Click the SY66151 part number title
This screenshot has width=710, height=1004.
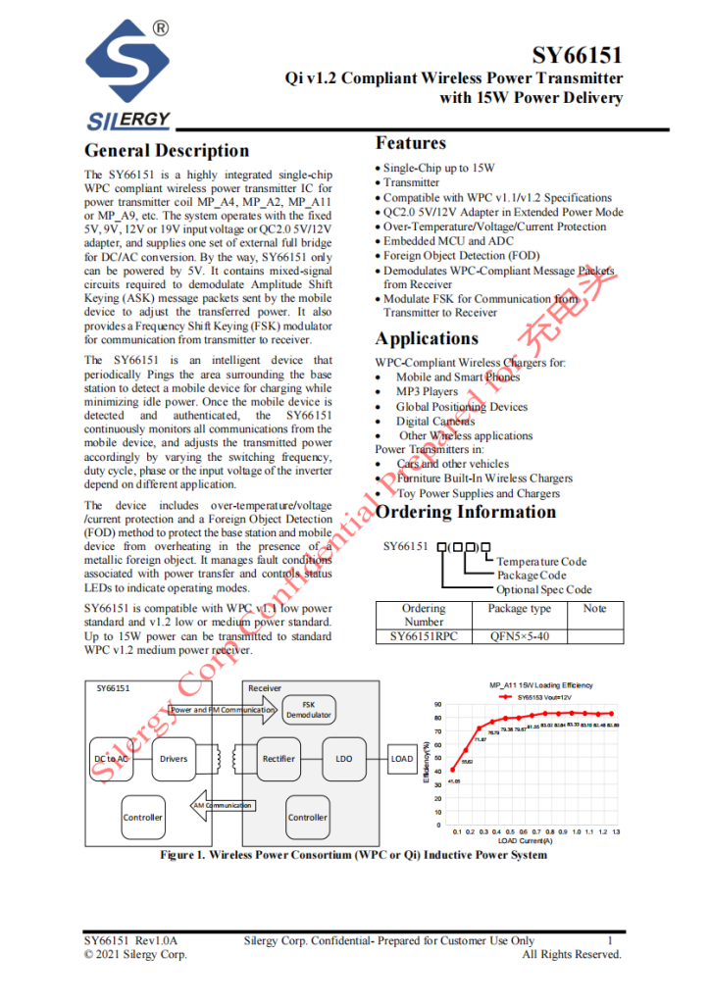pos(578,57)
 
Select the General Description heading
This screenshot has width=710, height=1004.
pos(167,150)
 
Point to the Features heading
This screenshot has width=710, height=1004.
pos(410,143)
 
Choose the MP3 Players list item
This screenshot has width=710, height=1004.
pos(427,391)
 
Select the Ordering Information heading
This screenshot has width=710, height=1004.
pos(466,512)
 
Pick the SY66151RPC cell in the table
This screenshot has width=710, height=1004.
pos(424,635)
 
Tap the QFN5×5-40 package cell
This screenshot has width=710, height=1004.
pos(519,635)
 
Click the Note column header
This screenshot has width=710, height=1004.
pos(594,609)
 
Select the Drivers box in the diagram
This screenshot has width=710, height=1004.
pos(174,759)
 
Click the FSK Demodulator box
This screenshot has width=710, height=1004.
pos(310,710)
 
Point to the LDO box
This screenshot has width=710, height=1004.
pos(343,759)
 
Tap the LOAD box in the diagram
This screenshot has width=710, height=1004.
pos(402,759)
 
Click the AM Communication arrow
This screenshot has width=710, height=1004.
pos(221,805)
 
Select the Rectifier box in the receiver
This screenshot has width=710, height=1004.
pos(279,759)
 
